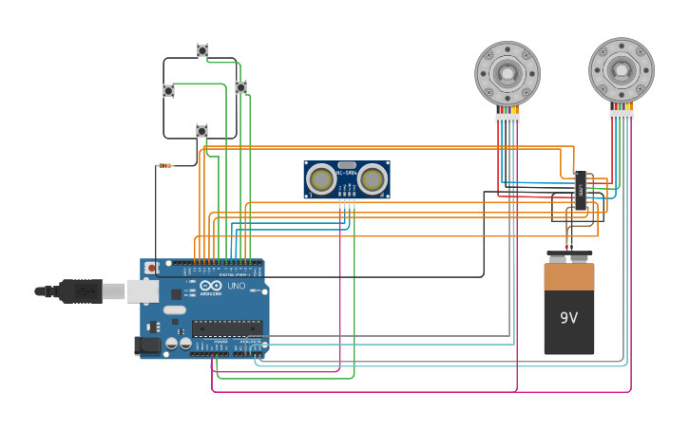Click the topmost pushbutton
point(202,50)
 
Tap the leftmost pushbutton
point(169,91)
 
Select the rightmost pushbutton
point(240,87)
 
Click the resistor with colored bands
point(165,165)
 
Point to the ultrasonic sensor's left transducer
point(322,178)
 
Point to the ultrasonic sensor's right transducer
point(373,178)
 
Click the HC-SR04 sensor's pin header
point(347,202)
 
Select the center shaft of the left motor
point(507,73)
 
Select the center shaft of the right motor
point(622,69)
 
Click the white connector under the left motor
point(507,118)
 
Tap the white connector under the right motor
point(622,115)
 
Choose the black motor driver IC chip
point(580,191)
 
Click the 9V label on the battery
point(568,318)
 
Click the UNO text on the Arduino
point(236,286)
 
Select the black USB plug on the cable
point(81,291)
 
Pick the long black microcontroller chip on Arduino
point(227,327)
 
